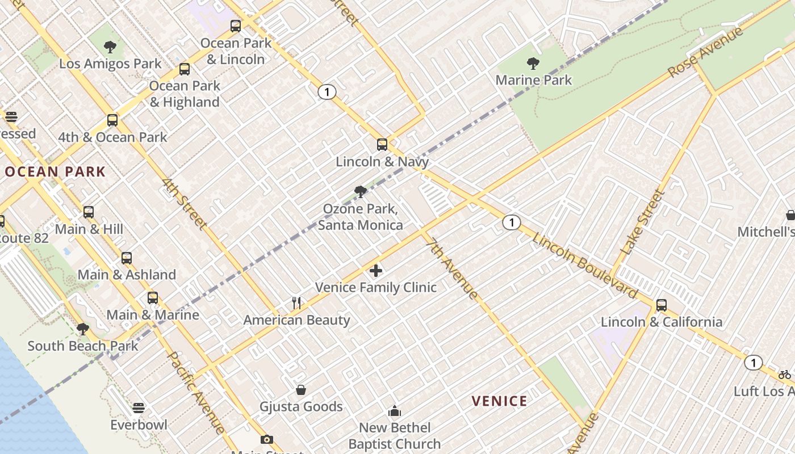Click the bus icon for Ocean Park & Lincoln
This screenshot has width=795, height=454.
coord(236,26)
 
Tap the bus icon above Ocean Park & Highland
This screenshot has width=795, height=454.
coord(185,69)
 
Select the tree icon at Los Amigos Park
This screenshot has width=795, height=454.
coord(110,47)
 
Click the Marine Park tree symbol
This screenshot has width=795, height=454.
coord(533,63)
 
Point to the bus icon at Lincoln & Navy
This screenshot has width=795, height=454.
coord(382,145)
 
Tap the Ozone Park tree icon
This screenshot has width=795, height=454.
coord(360,192)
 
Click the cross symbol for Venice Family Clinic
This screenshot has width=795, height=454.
coord(376,271)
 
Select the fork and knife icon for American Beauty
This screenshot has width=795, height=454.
coord(296,303)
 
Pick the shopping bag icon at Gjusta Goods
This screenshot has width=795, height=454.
coord(301,390)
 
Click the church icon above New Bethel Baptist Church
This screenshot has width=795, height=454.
coord(395,411)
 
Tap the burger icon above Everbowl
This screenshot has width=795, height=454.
coord(139,408)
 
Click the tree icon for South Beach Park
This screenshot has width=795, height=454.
coord(83,329)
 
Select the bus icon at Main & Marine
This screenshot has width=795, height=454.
coord(153,298)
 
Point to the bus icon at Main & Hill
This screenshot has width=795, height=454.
coord(89,212)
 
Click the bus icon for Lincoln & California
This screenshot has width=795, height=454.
coord(662,305)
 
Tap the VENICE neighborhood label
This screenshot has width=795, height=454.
coord(500,401)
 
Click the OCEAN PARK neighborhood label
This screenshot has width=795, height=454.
coord(55,171)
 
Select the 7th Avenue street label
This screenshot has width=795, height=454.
coord(452,268)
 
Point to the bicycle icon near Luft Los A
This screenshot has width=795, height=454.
coord(785,375)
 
